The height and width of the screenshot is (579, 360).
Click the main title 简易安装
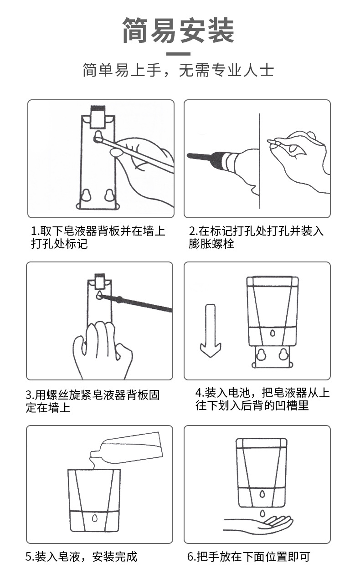[x=179, y=30]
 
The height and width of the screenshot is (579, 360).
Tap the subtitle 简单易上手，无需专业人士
[x=179, y=70]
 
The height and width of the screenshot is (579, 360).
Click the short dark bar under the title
[x=178, y=54]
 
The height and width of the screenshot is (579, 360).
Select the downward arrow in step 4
[x=211, y=331]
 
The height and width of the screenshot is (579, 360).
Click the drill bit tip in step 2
[x=188, y=155]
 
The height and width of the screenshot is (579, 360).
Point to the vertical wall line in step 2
[x=259, y=161]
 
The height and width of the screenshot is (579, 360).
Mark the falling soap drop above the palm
[x=263, y=513]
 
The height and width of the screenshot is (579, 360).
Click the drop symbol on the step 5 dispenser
[x=95, y=518]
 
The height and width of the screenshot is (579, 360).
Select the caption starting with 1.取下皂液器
[x=98, y=237]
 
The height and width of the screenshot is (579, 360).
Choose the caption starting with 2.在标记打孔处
[x=256, y=237]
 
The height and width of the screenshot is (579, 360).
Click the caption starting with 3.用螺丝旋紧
[x=93, y=401]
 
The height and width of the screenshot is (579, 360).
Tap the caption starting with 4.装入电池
[x=262, y=400]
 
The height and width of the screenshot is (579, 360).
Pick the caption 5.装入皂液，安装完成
[x=81, y=557]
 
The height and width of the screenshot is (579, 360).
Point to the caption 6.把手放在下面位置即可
[x=249, y=557]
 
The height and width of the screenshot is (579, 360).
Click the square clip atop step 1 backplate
[x=98, y=117]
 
